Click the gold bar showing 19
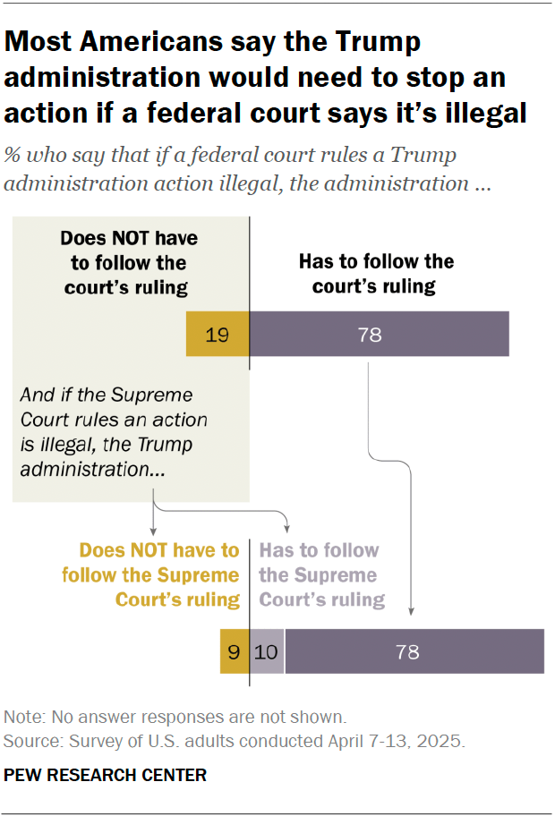pos(218,335)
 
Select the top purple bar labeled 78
pos(379,335)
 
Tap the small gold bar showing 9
pos(235,651)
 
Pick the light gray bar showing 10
pos(268,651)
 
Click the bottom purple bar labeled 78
pos(414,651)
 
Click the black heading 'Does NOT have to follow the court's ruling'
pos(129,263)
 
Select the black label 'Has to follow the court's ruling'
pos(375,274)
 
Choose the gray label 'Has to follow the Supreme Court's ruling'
pos(320,574)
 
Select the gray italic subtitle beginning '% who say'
pos(242,169)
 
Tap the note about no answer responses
pos(175,717)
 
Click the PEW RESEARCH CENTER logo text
pos(106,775)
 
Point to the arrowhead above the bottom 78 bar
pos(411,612)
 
